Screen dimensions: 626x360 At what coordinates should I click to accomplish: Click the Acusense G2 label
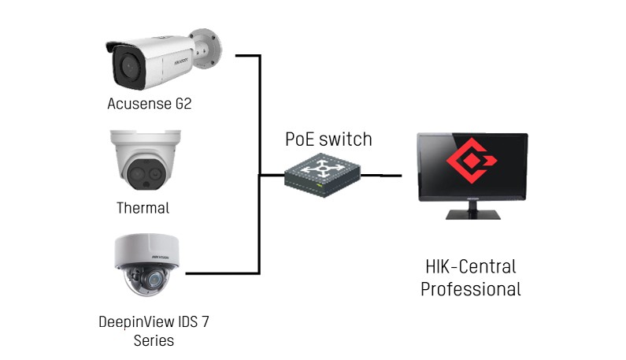[x=150, y=103]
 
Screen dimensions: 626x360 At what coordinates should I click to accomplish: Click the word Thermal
[x=143, y=208]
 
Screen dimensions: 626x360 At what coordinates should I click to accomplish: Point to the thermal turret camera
[x=146, y=159]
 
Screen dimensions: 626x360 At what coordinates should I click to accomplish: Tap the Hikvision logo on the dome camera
[x=160, y=257]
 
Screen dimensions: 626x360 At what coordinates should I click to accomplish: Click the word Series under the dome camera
[x=154, y=340]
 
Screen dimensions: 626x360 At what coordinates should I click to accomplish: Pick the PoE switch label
[x=328, y=139]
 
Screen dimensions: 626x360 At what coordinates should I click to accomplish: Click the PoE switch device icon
[x=322, y=175]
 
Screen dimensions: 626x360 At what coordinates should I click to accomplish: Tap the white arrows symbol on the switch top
[x=322, y=169]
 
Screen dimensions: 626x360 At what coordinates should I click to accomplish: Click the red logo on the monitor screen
[x=472, y=161]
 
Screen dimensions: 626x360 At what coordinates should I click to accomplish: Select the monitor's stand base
[x=472, y=214]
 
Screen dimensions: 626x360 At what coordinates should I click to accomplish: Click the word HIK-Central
[x=471, y=266]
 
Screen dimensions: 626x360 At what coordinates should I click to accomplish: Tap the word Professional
[x=471, y=289]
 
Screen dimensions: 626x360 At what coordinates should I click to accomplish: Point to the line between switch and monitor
[x=381, y=175]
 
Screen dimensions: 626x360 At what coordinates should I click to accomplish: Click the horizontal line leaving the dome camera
[x=223, y=273]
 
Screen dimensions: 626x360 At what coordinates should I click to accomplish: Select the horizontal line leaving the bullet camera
[x=248, y=56]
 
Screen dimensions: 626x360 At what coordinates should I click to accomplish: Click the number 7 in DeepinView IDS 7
[x=205, y=321]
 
